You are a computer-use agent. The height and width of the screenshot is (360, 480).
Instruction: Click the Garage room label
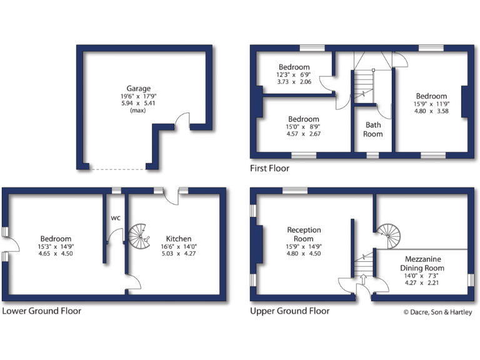coord(138,88)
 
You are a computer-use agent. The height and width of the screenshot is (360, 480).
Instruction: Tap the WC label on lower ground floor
coord(116,218)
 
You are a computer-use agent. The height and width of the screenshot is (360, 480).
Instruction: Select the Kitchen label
coord(178,239)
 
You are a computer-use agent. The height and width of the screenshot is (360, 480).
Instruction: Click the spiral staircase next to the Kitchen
coord(141,237)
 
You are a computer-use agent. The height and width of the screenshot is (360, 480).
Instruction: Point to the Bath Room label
coord(373,129)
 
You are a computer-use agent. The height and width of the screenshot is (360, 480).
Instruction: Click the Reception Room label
coord(304,234)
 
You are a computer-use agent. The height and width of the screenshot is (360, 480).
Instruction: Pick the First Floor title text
coord(269,168)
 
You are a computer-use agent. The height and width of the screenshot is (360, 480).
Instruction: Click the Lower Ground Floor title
coord(41,311)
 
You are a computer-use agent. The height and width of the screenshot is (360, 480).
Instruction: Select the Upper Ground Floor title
coord(289,311)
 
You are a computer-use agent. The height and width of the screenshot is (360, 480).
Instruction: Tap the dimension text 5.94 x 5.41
coord(138,104)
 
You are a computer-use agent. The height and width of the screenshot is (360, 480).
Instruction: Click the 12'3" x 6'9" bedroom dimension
coord(294,74)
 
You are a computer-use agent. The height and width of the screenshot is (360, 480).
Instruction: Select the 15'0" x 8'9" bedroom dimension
coord(303,126)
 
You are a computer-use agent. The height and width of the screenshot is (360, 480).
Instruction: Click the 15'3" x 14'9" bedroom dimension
coord(56,246)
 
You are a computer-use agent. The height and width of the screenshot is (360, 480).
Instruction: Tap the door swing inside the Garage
coord(182,121)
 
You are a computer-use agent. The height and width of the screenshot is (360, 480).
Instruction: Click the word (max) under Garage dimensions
coord(138,111)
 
